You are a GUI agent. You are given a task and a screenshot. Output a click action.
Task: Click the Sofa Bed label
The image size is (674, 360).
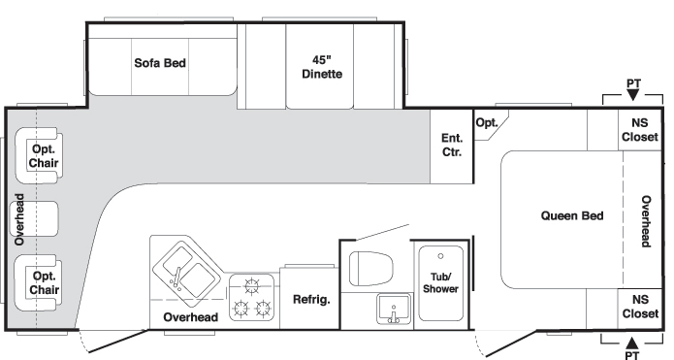(160, 63)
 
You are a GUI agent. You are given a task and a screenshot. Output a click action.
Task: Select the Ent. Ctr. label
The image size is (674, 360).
(452, 145)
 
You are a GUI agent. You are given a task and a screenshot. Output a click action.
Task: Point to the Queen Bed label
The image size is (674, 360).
(571, 215)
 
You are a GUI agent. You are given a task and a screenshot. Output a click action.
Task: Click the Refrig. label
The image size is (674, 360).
(311, 299)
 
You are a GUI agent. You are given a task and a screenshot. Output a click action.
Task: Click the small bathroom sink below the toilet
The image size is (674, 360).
(394, 310)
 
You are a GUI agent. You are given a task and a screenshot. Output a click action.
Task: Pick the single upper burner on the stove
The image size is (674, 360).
(252, 286)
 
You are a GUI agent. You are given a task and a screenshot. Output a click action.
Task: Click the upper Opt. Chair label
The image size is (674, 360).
(44, 155)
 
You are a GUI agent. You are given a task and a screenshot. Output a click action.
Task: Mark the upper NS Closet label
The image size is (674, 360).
(639, 130)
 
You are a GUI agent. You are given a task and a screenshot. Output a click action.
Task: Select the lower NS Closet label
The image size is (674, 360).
(639, 307)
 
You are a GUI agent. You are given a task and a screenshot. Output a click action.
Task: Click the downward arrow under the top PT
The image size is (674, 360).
(632, 95)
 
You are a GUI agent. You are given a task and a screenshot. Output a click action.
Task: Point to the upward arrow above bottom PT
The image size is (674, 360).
(632, 343)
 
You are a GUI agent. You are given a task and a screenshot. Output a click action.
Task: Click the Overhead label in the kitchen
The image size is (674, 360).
(190, 317)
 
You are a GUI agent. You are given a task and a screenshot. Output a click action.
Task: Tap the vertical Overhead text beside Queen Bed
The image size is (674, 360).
(646, 221)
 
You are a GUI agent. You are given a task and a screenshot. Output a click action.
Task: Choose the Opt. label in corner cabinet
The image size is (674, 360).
(486, 122)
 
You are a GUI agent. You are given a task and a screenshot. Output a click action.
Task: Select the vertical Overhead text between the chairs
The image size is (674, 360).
(19, 218)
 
